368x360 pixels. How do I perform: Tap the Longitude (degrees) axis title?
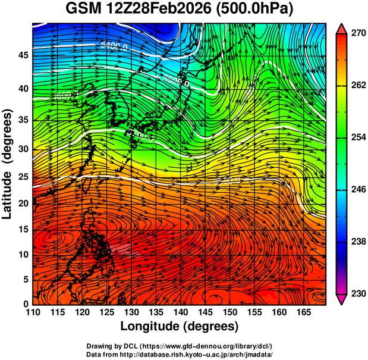(x=180, y=326)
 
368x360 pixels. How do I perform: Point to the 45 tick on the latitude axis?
(x=23, y=55)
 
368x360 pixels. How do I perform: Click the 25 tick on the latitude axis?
(x=23, y=177)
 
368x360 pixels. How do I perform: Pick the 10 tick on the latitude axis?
(x=23, y=255)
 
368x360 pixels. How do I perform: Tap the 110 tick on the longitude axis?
(x=33, y=312)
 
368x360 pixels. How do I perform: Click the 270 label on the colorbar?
(x=357, y=33)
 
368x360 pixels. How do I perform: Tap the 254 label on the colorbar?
(x=357, y=137)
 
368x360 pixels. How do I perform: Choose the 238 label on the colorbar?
(x=357, y=242)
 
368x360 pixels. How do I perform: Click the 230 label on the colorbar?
(x=357, y=293)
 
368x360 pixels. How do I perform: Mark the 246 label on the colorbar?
(x=357, y=189)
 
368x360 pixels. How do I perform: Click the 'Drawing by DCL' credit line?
(x=180, y=346)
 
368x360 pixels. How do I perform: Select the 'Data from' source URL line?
(x=180, y=354)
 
